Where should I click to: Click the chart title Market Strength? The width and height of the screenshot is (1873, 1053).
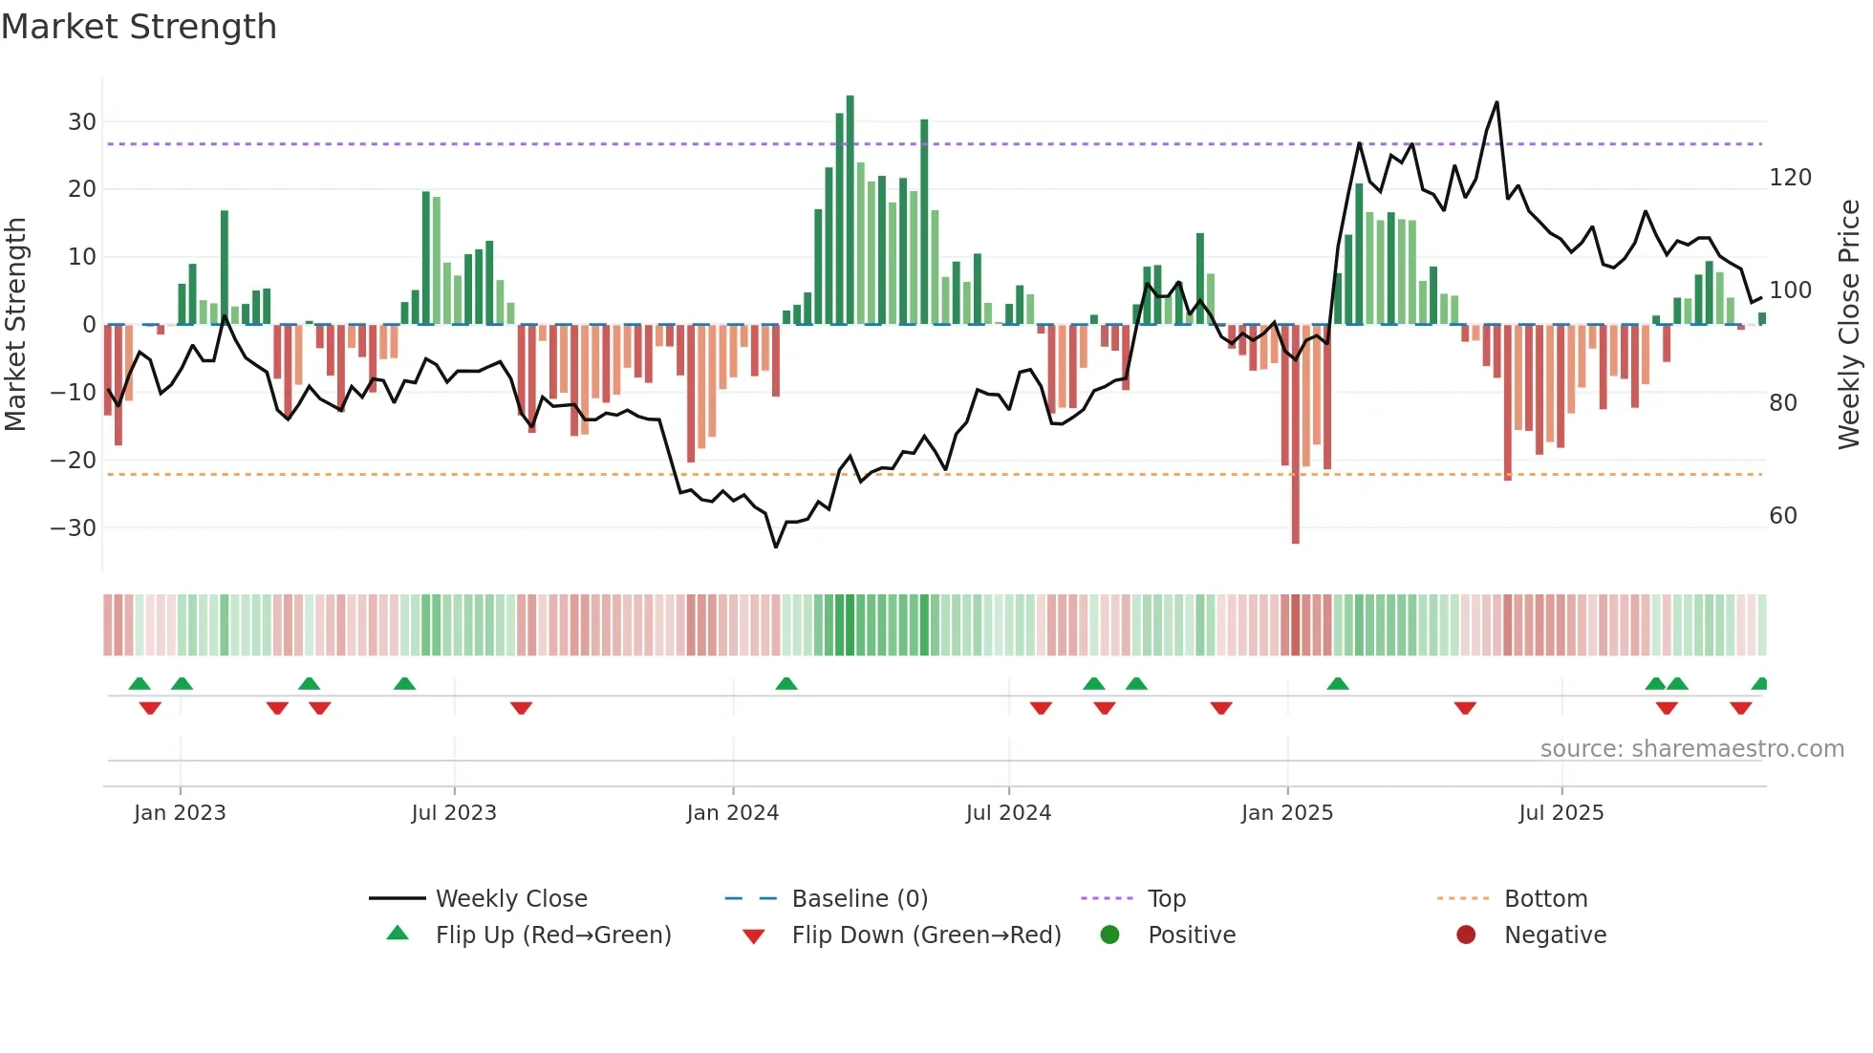pyautogui.click(x=139, y=27)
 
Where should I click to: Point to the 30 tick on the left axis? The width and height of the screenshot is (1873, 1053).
pyautogui.click(x=82, y=122)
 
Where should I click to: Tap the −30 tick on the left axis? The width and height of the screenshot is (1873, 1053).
pyautogui.click(x=75, y=528)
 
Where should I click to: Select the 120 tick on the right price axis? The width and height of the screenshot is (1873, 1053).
pyautogui.click(x=1790, y=178)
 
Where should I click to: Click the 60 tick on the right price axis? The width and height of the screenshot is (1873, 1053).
pyautogui.click(x=1783, y=516)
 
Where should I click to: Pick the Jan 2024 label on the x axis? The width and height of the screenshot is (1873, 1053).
pyautogui.click(x=733, y=813)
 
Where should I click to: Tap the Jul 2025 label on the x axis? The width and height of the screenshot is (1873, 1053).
pyautogui.click(x=1561, y=813)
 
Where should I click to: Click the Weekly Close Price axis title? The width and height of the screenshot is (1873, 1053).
pyautogui.click(x=1849, y=325)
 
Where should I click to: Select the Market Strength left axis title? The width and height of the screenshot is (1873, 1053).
pyautogui.click(x=15, y=325)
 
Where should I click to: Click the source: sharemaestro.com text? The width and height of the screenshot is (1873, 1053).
pyautogui.click(x=1691, y=749)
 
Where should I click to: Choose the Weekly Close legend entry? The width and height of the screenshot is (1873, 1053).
pyautogui.click(x=511, y=899)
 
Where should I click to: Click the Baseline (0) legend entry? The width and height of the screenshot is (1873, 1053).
pyautogui.click(x=859, y=899)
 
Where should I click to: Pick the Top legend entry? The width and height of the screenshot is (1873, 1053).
pyautogui.click(x=1166, y=899)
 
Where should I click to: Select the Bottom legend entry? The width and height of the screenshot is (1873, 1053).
pyautogui.click(x=1545, y=899)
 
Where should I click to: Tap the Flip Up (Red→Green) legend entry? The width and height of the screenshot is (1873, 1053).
pyautogui.click(x=552, y=935)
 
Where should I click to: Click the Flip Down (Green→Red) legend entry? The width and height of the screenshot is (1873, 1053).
pyautogui.click(x=925, y=935)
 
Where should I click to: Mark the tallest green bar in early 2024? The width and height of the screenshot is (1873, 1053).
pyautogui.click(x=850, y=210)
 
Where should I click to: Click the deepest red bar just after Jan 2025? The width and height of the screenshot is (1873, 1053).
pyautogui.click(x=1296, y=435)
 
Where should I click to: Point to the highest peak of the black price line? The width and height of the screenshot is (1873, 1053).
pyautogui.click(x=1496, y=103)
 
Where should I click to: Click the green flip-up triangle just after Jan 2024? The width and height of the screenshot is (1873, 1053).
pyautogui.click(x=786, y=684)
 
